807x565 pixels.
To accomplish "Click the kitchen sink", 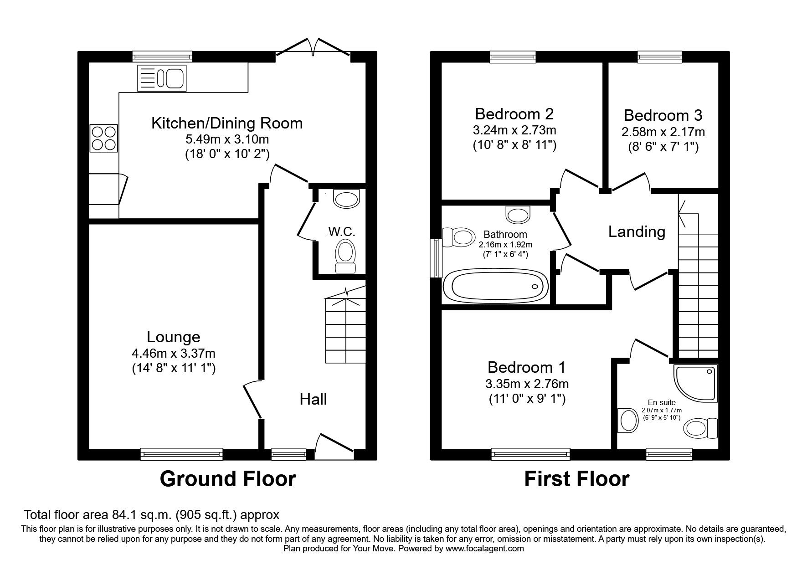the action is [x=161, y=77].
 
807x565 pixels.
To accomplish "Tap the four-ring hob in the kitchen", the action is [x=103, y=139].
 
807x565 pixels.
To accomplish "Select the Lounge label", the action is [x=174, y=337].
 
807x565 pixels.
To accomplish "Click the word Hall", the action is [x=313, y=399].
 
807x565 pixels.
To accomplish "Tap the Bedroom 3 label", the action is [x=663, y=115].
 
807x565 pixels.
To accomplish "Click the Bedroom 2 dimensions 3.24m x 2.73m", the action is [x=514, y=130].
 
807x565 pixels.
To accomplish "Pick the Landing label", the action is [x=637, y=232].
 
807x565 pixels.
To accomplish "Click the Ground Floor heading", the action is [x=228, y=479].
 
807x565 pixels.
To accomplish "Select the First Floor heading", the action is [x=577, y=479].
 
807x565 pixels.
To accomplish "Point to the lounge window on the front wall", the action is [x=182, y=454].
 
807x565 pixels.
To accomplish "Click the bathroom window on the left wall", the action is [x=437, y=258].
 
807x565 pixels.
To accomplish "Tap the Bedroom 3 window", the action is [x=659, y=56].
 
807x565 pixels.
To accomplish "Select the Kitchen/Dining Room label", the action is [x=227, y=123].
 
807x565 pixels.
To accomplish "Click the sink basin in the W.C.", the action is [x=347, y=198].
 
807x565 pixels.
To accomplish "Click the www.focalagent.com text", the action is [x=485, y=549].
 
